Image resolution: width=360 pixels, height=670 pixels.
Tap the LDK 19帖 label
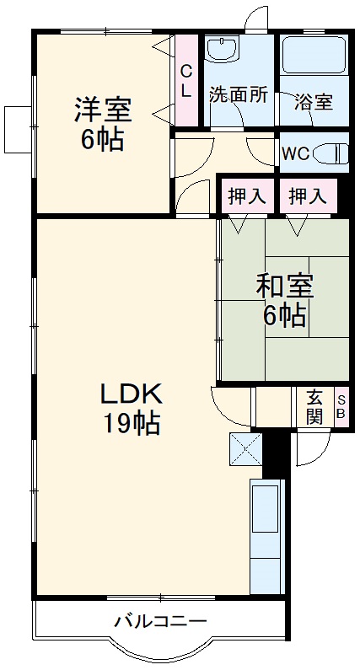pos(131,408)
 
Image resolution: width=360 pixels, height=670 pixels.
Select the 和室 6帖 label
pos(285,300)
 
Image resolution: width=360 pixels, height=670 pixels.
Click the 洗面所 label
pos(239,95)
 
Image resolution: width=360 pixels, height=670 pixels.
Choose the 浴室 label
pos(313,103)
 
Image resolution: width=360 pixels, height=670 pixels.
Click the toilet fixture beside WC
pos(335,154)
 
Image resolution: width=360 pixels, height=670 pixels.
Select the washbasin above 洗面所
pos(223,51)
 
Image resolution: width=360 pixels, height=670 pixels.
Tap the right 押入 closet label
pos(308,196)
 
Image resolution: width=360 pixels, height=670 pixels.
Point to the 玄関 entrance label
pos(314,405)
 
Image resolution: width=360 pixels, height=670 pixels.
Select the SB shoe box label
pos(341,405)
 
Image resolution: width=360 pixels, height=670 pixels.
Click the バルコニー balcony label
pos(160,623)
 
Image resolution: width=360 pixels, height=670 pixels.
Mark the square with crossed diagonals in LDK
pos(245,449)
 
